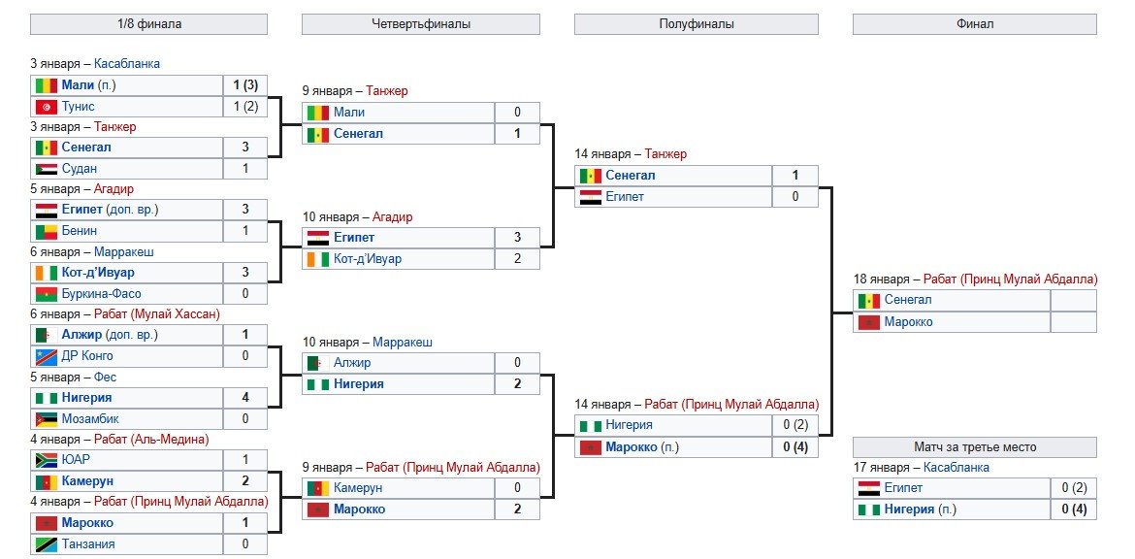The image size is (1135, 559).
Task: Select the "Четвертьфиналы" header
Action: click(420, 23)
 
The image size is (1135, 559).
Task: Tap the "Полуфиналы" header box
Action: click(696, 23)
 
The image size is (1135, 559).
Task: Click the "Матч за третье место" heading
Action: click(974, 447)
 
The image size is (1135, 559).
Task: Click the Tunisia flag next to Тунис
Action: click(46, 107)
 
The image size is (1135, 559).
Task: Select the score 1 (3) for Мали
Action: click(244, 85)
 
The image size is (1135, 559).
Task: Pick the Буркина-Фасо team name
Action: click(101, 294)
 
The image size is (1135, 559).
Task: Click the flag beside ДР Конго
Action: click(46, 356)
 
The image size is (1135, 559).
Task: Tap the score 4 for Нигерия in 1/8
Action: click(244, 398)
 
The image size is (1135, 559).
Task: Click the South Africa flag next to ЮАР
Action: click(46, 460)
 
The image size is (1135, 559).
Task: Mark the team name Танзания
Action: click(88, 544)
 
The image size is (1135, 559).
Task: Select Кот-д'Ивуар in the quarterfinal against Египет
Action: click(368, 259)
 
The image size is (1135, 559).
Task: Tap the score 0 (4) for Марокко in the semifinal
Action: click(794, 447)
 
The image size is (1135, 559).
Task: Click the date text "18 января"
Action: click(884, 279)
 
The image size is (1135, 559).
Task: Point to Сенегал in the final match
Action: click(908, 300)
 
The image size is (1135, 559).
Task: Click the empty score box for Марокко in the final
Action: click(1073, 322)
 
